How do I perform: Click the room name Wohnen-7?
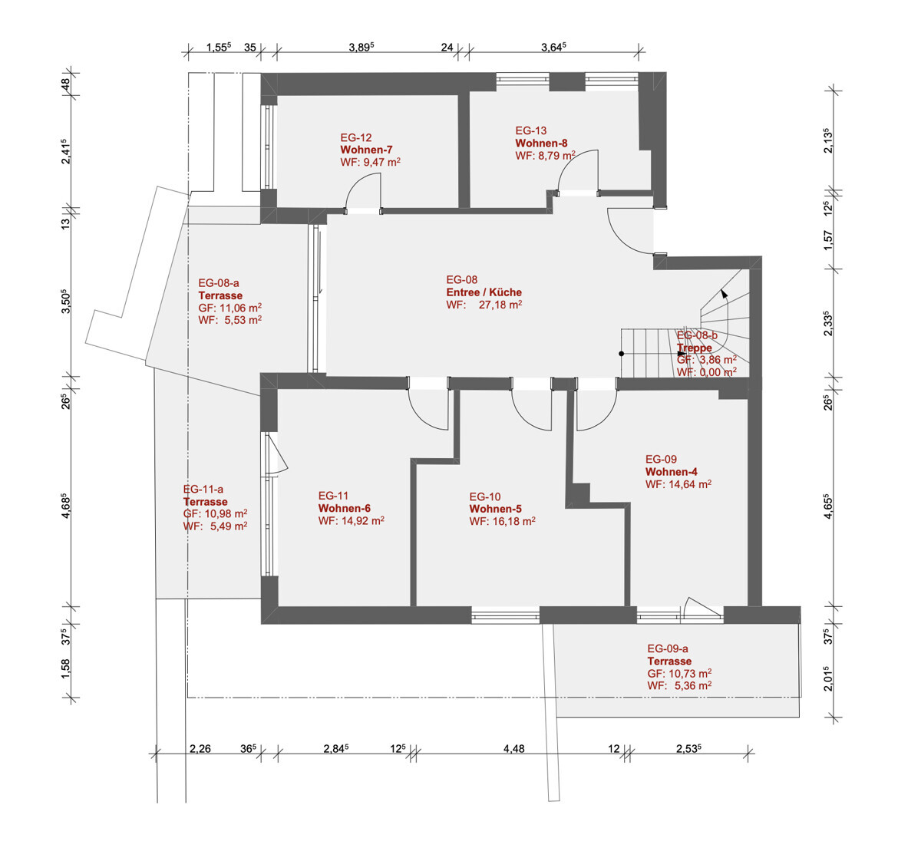pos(366,150)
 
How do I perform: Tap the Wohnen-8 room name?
pos(541,143)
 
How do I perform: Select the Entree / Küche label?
pos(484,292)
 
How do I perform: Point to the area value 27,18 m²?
pos(500,305)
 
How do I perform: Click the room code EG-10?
pos(484,496)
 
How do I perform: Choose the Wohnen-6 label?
pos(344,508)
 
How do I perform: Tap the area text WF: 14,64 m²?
pos(678,483)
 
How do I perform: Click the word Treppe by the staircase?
pos(695,348)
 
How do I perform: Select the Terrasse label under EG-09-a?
pos(669,661)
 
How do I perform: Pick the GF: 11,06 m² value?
pos(229,308)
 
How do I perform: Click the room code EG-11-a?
pos(203,489)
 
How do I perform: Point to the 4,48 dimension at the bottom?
pos(513,748)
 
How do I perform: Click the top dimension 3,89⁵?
pos(361,47)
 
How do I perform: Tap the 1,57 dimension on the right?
pos(828,240)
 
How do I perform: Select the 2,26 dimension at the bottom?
pos(200,748)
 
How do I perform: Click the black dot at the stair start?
pos(622,354)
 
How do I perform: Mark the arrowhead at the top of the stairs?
pos(724,294)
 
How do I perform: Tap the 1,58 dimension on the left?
pos(65,669)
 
